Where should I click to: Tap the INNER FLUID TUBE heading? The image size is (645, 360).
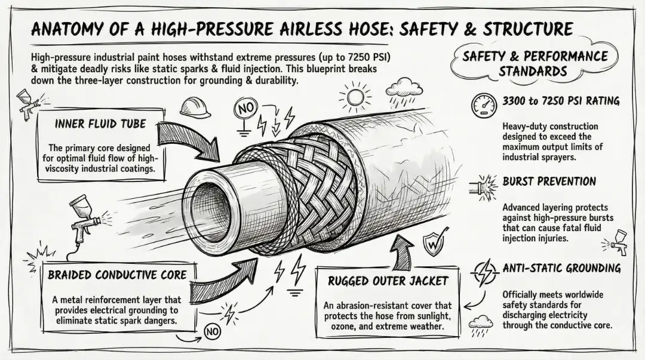click(99, 124)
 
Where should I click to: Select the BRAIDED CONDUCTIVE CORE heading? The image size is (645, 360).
click(118, 276)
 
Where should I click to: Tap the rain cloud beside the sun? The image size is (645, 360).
click(401, 90)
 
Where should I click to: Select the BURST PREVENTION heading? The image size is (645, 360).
click(549, 181)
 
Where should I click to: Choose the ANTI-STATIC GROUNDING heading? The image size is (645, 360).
click(561, 269)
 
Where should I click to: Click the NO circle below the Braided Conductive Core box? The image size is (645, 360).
click(212, 330)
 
